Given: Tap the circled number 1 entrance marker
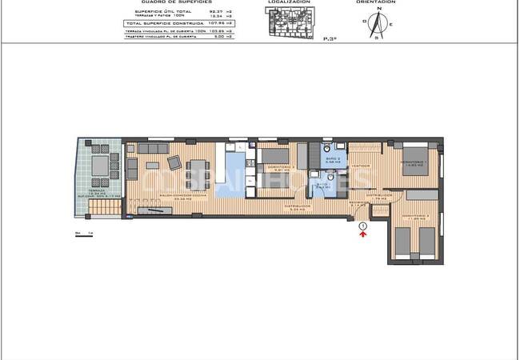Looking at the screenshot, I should click(x=363, y=227).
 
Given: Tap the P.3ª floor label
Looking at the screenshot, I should click(x=328, y=38).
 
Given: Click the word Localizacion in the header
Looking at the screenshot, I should click(x=290, y=2).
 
